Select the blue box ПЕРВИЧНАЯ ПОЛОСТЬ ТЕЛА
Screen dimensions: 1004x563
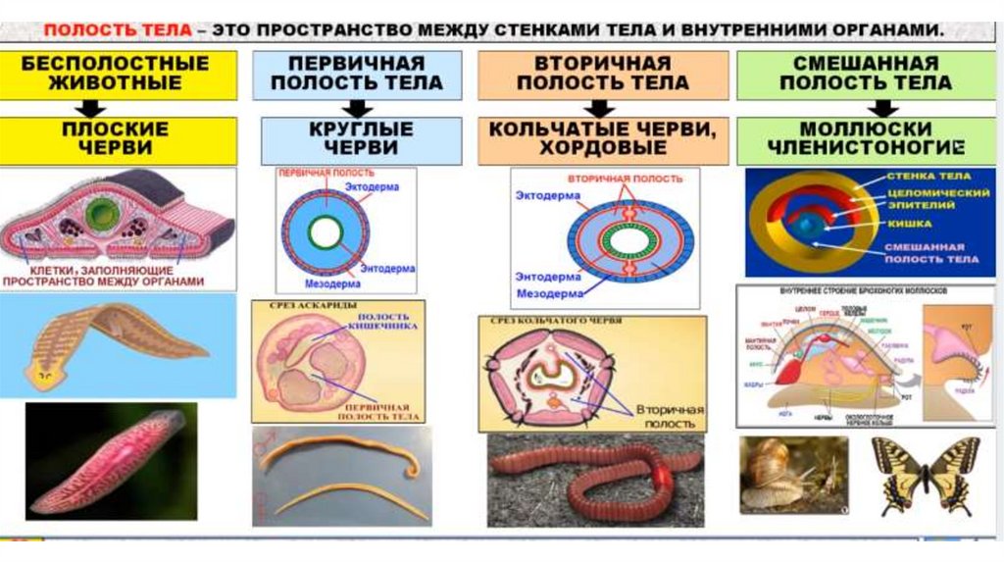click(357, 75)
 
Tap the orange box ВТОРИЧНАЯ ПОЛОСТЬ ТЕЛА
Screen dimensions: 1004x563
click(603, 75)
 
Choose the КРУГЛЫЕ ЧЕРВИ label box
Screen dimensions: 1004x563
click(362, 139)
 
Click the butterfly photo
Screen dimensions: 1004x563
click(925, 475)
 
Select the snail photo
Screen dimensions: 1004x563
click(793, 475)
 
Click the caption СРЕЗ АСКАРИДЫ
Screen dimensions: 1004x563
click(294, 307)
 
